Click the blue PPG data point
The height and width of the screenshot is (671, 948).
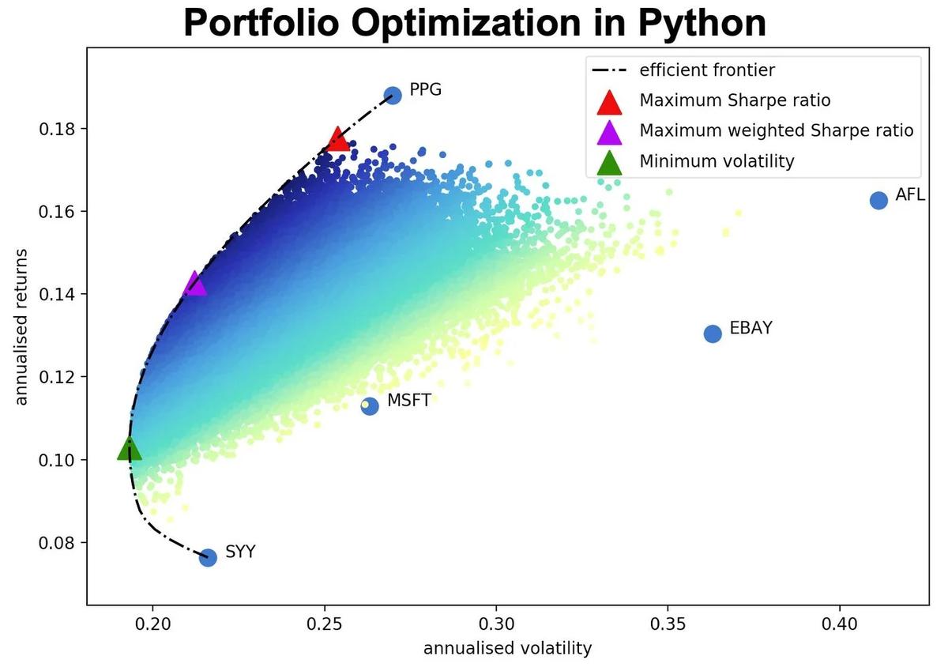393,95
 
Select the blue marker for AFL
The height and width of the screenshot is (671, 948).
878,200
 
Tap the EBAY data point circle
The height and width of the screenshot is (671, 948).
713,334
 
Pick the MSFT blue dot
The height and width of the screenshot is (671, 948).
370,405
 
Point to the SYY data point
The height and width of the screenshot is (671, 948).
208,557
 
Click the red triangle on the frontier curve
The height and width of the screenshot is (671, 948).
338,139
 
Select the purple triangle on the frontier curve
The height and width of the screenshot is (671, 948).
194,285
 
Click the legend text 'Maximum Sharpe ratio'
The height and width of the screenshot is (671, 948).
735,100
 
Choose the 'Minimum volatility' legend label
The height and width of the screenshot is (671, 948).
716,161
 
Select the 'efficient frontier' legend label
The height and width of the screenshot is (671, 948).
707,70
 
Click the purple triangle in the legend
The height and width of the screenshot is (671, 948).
610,131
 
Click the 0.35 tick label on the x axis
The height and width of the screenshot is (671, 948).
668,622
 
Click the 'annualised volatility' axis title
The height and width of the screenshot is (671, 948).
507,649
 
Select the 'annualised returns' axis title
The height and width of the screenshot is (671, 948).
21,327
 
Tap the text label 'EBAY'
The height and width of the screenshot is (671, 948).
750,328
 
